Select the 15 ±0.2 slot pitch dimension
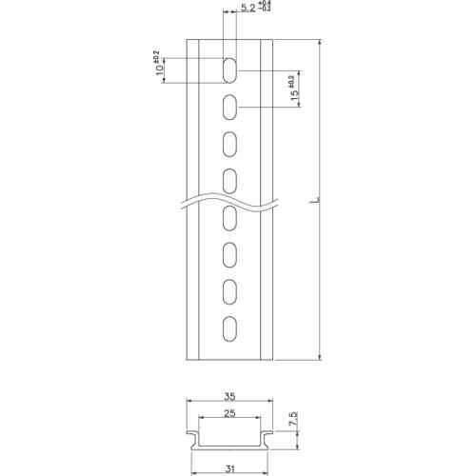295,89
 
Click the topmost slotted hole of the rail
230,68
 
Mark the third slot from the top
230,143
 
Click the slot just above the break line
230,179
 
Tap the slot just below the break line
230,219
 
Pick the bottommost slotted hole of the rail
230,327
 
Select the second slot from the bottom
230,290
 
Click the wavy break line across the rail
230,200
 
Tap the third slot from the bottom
230,254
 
